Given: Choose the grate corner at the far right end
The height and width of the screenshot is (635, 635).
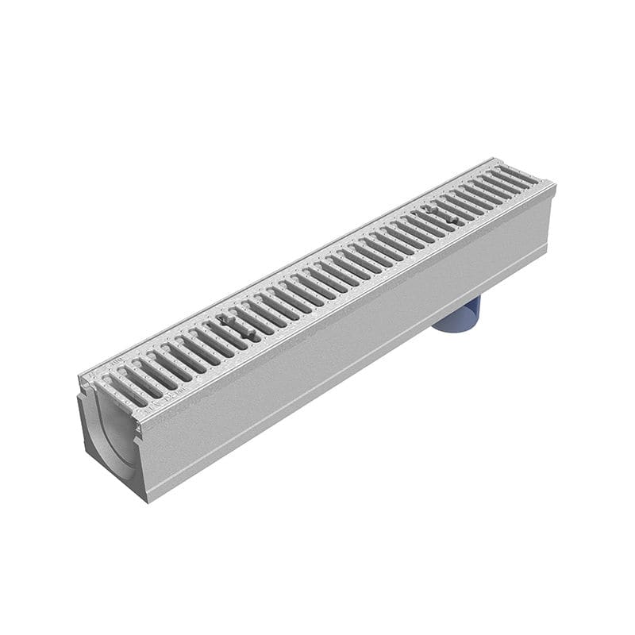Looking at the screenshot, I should coord(555,185).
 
